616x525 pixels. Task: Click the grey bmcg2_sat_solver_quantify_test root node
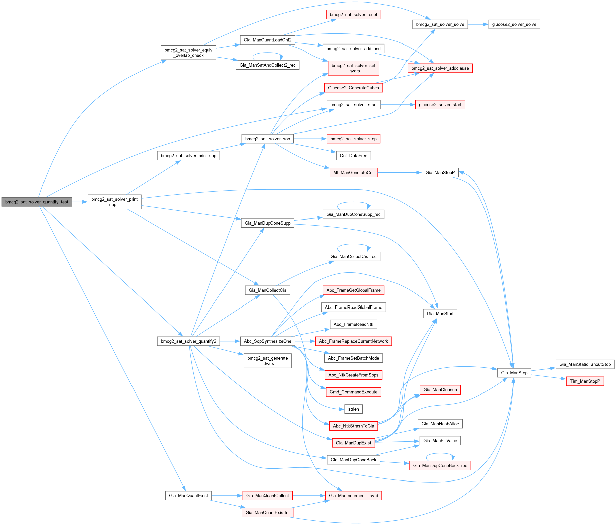pos(37,202)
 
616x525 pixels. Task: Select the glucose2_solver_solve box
pos(514,24)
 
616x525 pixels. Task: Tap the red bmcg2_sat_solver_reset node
pos(353,15)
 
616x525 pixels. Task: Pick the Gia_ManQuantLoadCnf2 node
pos(268,40)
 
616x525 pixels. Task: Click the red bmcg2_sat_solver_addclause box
pos(440,68)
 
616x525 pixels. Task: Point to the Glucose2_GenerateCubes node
pos(353,88)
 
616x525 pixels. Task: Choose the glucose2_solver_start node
pos(440,105)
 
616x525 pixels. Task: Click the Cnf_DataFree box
pos(353,156)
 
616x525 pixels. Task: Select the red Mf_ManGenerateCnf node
pos(353,173)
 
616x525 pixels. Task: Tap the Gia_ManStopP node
pos(440,173)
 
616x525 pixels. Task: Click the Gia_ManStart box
pos(440,314)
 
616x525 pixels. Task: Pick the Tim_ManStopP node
pos(585,381)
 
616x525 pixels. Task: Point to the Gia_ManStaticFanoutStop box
pos(585,364)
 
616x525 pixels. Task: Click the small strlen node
pos(353,409)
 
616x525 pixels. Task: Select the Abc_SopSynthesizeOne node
pos(268,341)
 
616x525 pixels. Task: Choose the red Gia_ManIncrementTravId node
pos(353,496)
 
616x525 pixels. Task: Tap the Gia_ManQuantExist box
pos(188,496)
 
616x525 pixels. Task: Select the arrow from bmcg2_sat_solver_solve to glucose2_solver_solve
pos(478,24)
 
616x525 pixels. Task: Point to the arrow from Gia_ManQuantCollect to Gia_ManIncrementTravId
pos(309,496)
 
